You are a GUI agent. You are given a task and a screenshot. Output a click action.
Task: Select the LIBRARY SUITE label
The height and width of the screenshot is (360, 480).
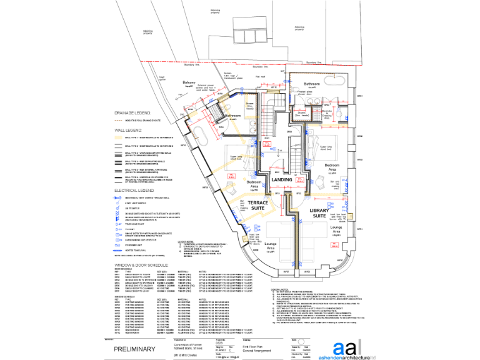tap(323, 214)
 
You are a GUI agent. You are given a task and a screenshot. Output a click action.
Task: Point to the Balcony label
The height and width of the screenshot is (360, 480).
tap(189, 82)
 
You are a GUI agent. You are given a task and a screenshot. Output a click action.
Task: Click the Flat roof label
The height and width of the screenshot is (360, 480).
tap(261, 76)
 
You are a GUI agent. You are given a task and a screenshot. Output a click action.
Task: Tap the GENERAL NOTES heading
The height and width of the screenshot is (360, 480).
tap(279, 289)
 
